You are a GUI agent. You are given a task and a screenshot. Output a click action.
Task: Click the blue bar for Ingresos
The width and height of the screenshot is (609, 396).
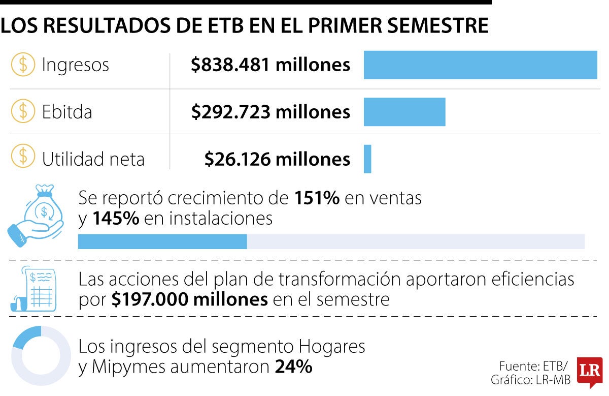coord(481,65)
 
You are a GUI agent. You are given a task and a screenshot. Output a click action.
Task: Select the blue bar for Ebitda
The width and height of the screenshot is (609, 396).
coord(404,112)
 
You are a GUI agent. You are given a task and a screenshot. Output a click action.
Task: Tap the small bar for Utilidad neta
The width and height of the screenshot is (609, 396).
coord(367,159)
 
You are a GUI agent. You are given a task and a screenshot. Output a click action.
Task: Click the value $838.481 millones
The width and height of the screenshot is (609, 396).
coord(270,65)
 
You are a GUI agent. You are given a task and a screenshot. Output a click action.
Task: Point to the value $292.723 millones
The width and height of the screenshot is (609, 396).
coord(271,112)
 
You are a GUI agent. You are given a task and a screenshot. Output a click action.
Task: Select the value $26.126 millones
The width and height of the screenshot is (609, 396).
coord(277,159)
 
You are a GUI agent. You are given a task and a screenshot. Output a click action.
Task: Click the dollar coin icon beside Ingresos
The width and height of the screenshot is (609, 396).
coord(23,64)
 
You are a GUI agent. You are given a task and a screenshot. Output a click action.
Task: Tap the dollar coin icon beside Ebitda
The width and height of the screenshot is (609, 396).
coord(23,111)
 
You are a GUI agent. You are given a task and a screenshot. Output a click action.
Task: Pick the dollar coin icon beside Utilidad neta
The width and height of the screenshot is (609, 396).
coord(23,156)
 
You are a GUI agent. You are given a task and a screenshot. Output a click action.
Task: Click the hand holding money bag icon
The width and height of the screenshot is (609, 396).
coord(36,216)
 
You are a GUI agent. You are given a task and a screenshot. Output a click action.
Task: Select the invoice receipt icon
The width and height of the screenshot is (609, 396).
coord(33,289)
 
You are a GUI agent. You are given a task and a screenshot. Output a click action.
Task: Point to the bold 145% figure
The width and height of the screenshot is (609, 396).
coord(116,218)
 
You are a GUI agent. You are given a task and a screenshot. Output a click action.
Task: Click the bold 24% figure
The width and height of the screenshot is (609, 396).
coord(294,367)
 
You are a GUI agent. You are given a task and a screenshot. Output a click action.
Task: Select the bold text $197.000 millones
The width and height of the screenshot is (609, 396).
coord(189,299)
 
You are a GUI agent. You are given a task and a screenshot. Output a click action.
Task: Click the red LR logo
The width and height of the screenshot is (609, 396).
coord(590,372)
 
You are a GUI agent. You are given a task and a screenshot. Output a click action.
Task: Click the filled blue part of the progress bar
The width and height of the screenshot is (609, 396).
coord(162,241)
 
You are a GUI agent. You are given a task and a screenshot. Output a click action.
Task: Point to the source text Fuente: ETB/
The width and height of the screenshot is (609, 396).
coord(533,367)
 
